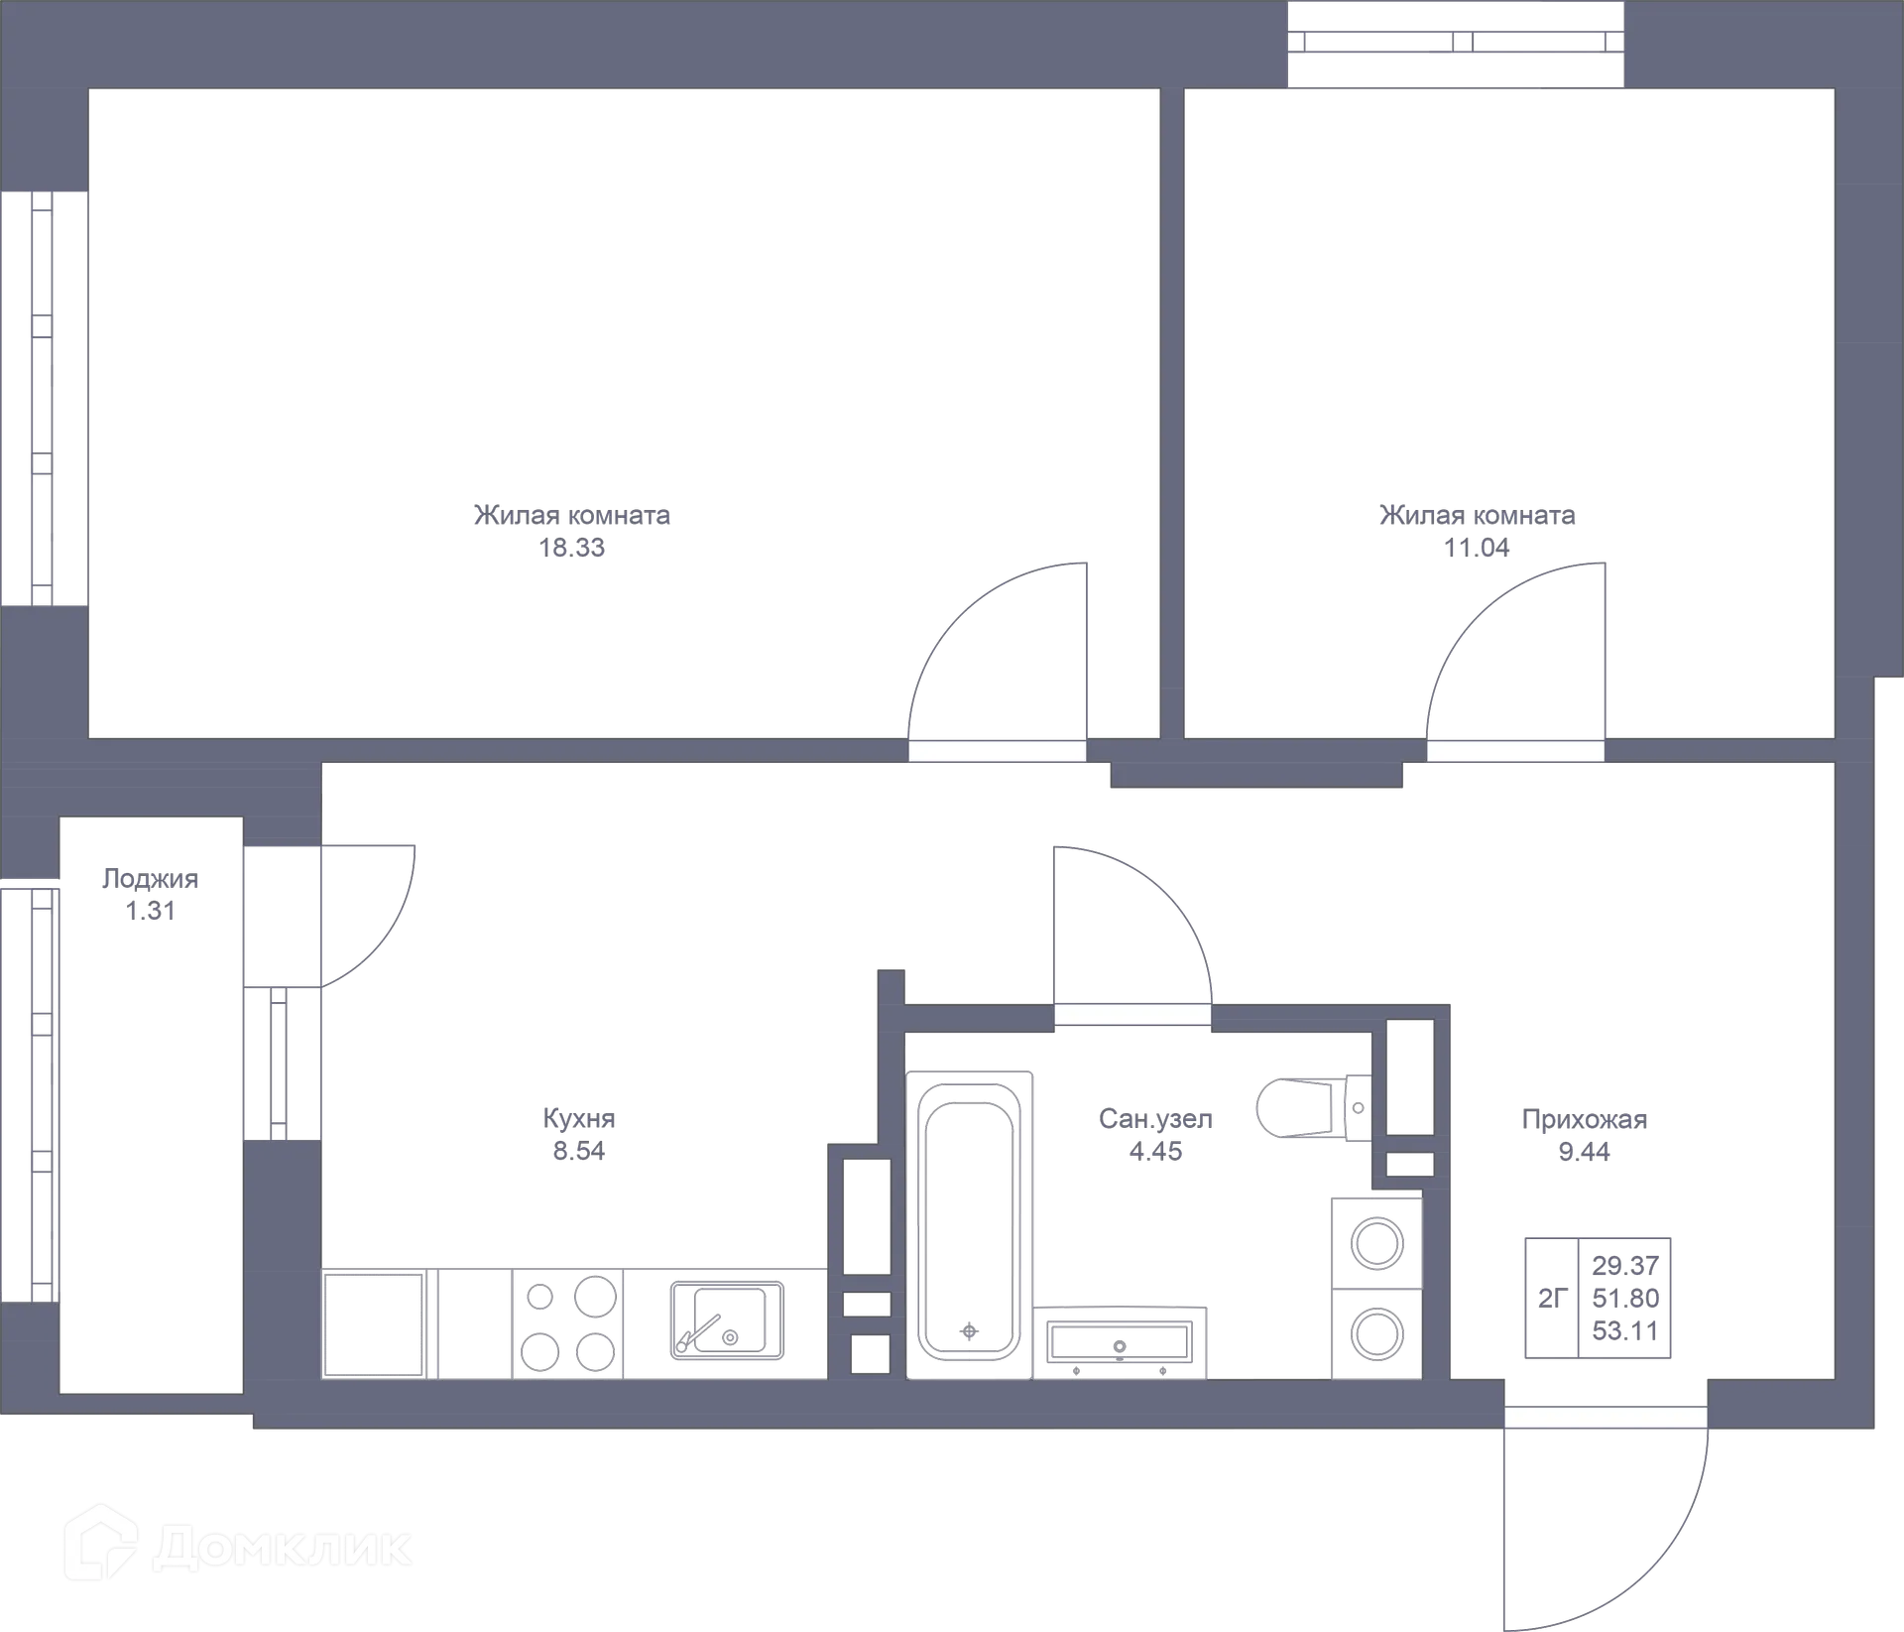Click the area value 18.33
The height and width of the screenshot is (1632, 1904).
572,548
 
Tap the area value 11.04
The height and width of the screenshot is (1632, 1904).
1477,548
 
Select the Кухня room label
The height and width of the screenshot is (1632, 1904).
579,1118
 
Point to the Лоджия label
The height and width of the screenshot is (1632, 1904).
150,878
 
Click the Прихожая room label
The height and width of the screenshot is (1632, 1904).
1584,1120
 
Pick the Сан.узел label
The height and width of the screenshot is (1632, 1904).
1155,1119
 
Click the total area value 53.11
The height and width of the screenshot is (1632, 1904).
1625,1330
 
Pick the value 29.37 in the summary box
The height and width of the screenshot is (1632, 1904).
1625,1265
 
